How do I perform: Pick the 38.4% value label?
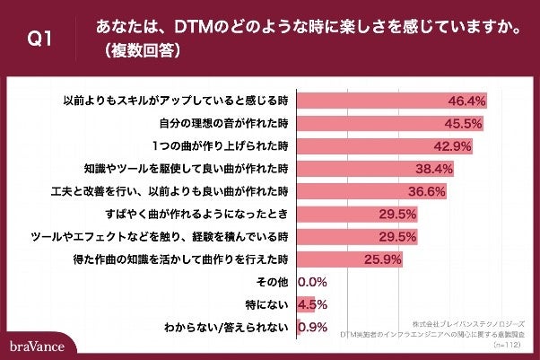[435, 169]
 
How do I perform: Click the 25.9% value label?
[381, 259]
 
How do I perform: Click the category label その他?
[272, 282]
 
